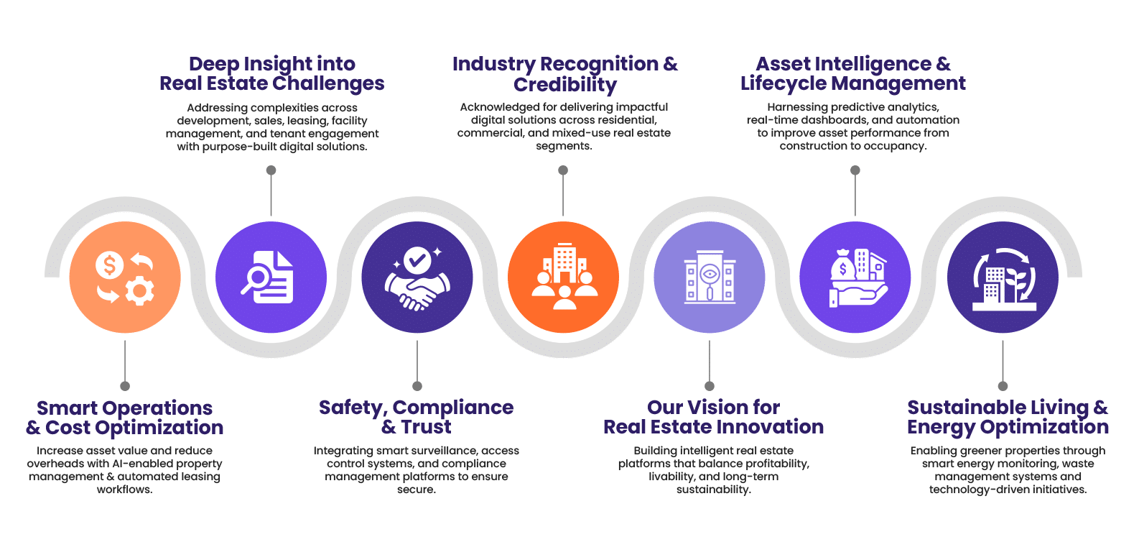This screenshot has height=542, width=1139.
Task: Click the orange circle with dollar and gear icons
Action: coord(125,277)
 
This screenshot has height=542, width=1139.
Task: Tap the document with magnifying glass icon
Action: coord(271,277)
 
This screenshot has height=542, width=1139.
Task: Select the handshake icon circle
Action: coord(417,277)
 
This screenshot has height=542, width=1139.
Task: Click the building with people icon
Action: coord(563,277)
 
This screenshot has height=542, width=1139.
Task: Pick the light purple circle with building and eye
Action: coord(709,277)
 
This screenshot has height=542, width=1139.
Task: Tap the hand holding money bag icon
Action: coord(855,277)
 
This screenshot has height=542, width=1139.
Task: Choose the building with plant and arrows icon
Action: coord(1003,277)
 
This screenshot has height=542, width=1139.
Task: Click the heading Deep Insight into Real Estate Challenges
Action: coord(271,73)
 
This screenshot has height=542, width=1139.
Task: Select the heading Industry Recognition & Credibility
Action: coord(564,74)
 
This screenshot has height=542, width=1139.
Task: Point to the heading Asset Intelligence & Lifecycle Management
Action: coord(853,73)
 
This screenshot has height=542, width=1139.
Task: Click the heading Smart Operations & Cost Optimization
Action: coord(125,418)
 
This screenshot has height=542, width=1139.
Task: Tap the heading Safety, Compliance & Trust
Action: coord(417,417)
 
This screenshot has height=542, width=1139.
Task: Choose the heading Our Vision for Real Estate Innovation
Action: coord(713,417)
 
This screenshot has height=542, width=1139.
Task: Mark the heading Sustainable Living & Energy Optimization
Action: coord(1008,417)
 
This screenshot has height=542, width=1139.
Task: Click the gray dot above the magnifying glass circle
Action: coord(271,170)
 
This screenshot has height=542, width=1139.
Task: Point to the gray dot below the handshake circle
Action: coord(417,387)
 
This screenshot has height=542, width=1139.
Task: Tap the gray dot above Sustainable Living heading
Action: coord(1003,386)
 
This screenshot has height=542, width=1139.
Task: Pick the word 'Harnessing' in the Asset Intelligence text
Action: coord(796,107)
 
